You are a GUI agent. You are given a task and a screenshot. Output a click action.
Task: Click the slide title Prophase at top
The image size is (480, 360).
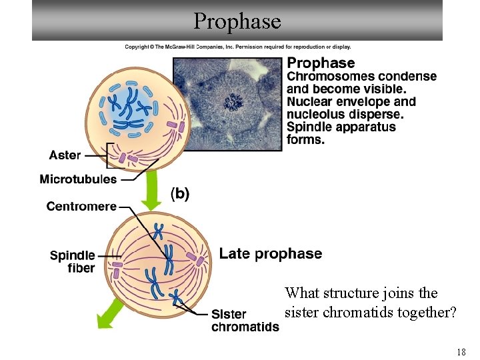click(x=237, y=21)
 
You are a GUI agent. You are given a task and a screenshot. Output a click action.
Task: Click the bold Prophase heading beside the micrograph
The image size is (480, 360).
click(x=321, y=63)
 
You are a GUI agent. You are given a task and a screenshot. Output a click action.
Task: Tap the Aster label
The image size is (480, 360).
click(x=65, y=155)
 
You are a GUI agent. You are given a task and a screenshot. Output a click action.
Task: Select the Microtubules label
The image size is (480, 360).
click(x=78, y=179)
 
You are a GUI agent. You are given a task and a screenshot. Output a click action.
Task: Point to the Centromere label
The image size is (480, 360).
click(x=81, y=207)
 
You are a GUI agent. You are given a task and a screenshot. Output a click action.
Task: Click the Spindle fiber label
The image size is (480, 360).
click(x=73, y=261)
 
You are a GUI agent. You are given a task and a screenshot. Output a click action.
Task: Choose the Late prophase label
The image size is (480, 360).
click(x=270, y=253)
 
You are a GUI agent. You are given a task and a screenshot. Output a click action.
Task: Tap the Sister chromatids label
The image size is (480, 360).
click(x=245, y=321)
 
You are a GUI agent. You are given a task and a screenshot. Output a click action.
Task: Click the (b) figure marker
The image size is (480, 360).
click(x=181, y=194)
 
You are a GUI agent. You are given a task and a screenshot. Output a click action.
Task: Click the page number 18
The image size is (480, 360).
click(x=460, y=352)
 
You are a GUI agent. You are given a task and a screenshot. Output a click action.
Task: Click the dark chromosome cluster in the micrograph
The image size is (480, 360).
click(x=233, y=102)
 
